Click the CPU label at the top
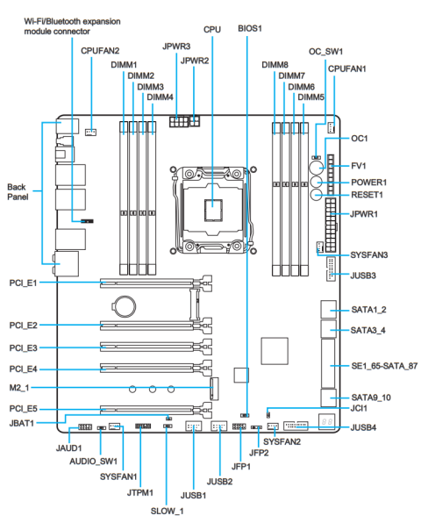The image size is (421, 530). [x=212, y=29]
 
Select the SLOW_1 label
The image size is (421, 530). [x=168, y=510]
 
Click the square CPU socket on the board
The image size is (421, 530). [x=212, y=206]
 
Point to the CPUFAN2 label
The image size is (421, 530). [x=99, y=53]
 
